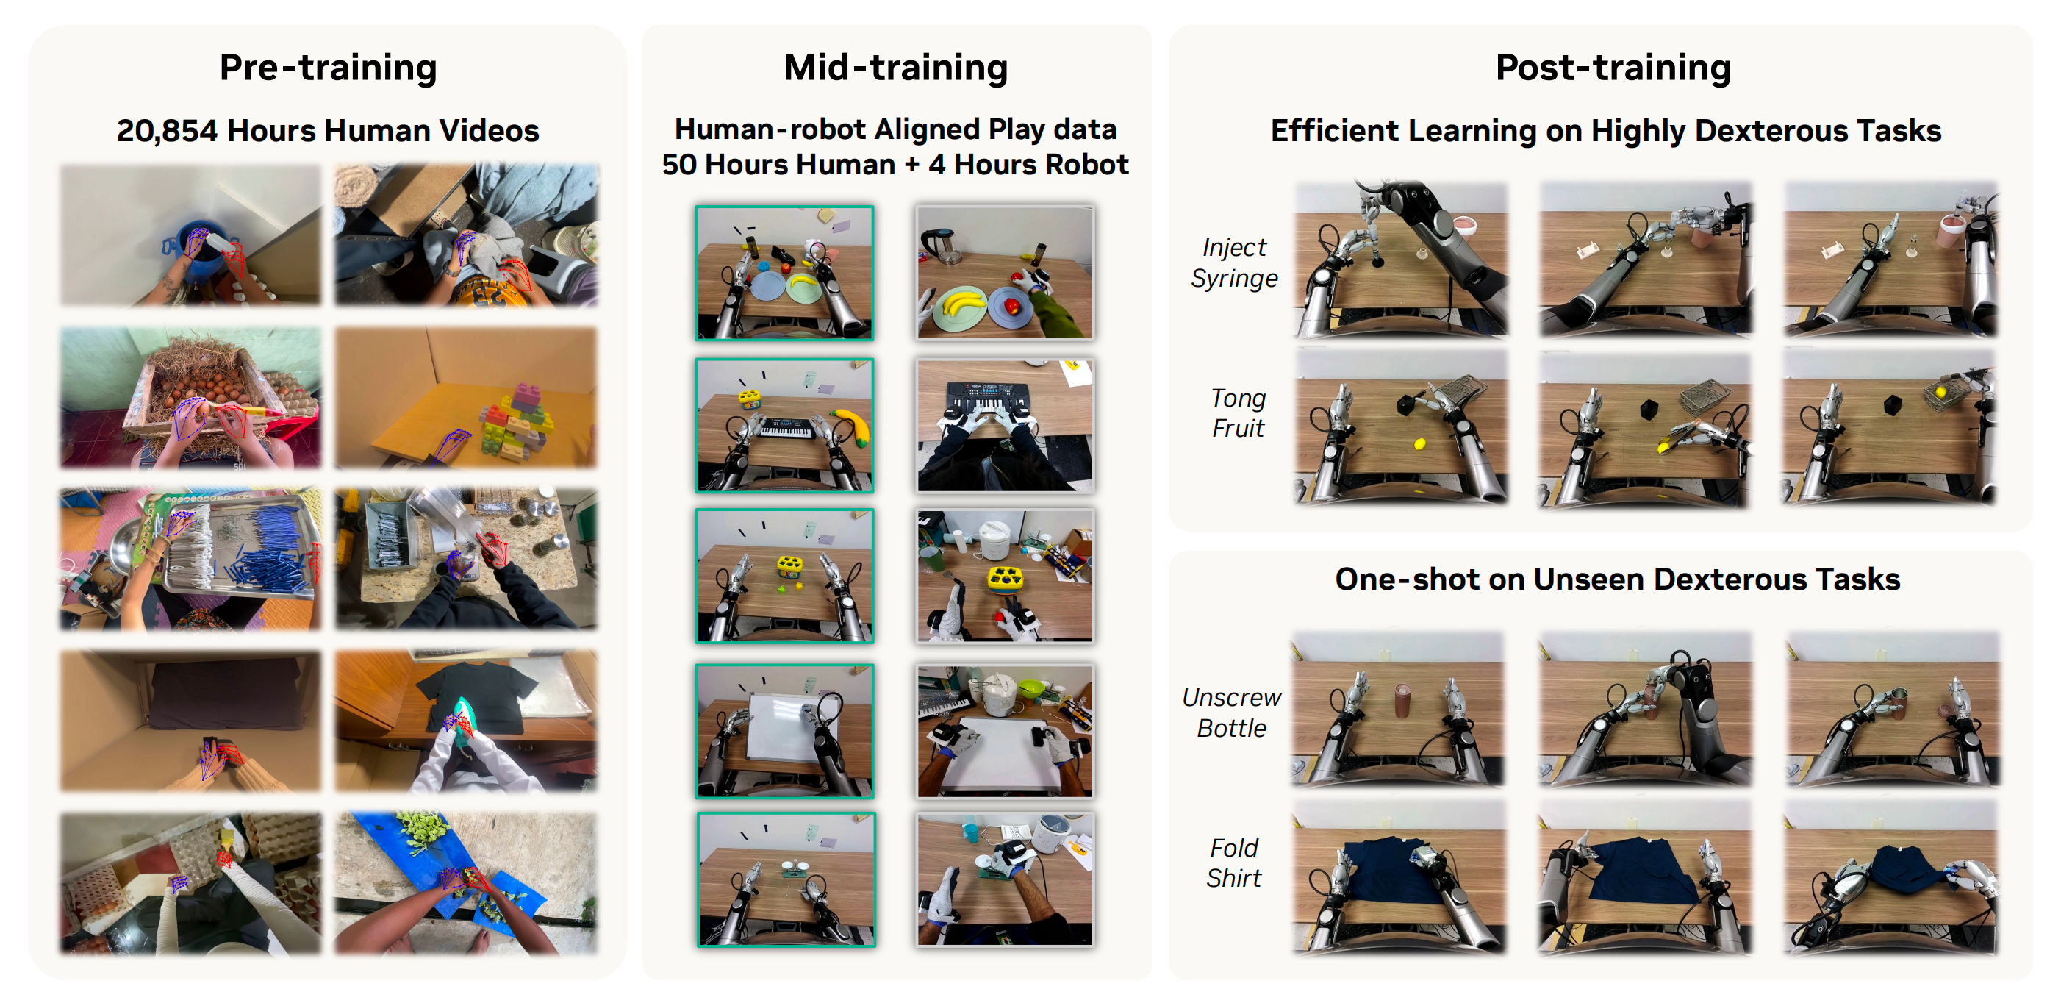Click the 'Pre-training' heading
click(328, 67)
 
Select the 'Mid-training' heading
click(895, 67)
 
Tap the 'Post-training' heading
click(1613, 67)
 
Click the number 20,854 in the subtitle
click(166, 130)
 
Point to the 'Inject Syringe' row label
click(1233, 263)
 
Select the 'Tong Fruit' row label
click(1238, 413)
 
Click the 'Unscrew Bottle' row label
click(1231, 713)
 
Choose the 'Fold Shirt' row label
click(1233, 863)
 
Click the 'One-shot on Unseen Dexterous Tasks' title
click(1617, 579)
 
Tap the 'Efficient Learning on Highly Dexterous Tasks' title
click(1606, 130)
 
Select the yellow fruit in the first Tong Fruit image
click(1419, 443)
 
